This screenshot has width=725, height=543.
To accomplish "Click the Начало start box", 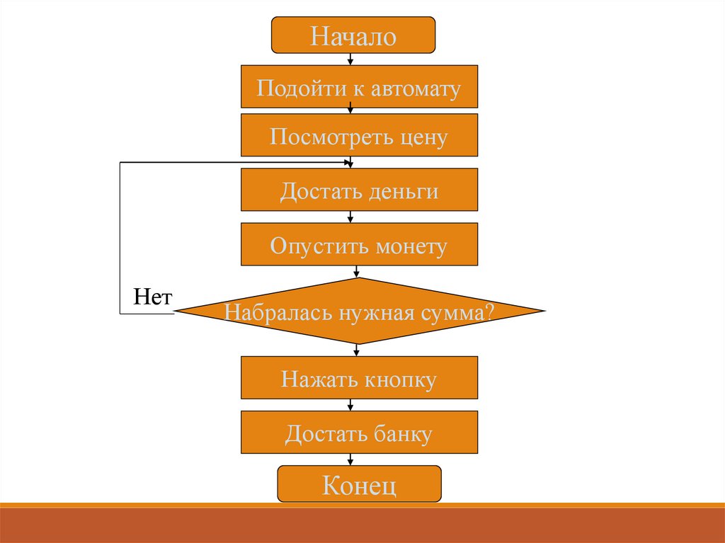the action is [x=353, y=35].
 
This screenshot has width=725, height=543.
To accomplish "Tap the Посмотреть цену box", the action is [x=359, y=136].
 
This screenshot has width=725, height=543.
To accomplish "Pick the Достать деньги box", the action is [x=359, y=190].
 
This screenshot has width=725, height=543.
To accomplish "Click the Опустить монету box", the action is [x=359, y=245].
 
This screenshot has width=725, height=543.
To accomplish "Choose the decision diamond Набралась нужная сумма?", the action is [x=359, y=311].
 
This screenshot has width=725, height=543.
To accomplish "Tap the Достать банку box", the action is [x=359, y=433].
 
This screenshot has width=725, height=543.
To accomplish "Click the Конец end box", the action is [x=359, y=485].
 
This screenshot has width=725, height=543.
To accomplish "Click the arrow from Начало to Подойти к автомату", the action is [x=351, y=59].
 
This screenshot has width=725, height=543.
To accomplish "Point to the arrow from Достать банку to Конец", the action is [x=351, y=459].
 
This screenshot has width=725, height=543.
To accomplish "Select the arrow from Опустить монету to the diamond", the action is [x=356, y=271].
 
